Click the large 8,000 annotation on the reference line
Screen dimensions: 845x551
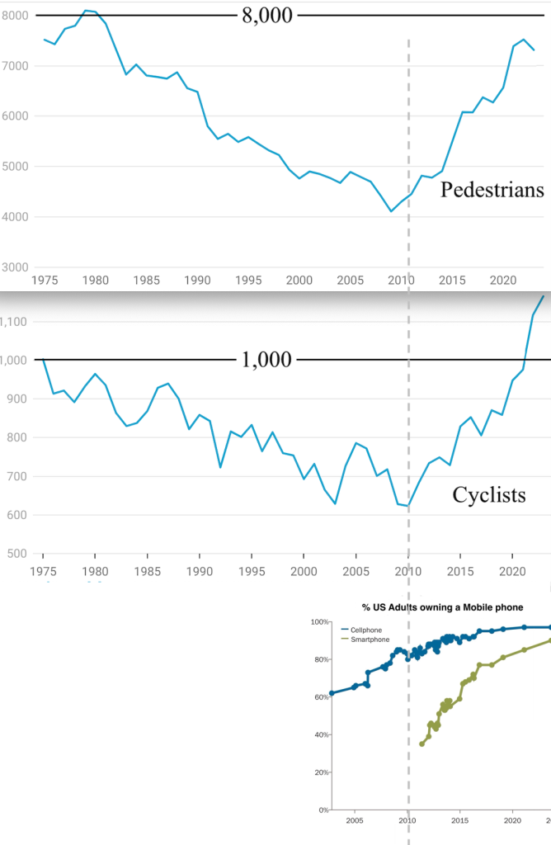pos(266,16)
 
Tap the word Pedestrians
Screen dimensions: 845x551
pos(492,191)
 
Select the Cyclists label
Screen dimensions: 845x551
pos(489,495)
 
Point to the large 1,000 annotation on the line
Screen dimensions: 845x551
pos(266,360)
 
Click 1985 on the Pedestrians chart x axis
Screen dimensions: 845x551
pos(147,281)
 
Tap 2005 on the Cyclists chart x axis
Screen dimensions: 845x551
pos(356,571)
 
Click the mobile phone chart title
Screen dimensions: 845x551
pos(442,607)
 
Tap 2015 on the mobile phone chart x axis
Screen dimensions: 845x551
pos(459,821)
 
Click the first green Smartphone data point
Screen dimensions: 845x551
pos(421,744)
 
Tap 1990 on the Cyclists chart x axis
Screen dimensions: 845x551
pos(199,571)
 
